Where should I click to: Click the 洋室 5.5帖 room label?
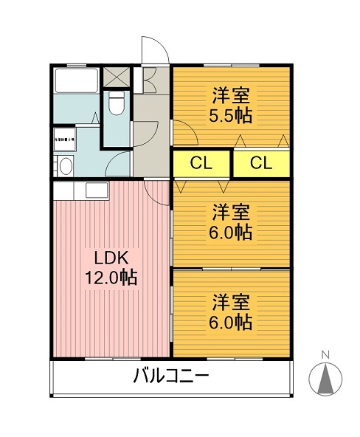232,106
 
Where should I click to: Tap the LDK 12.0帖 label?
111,268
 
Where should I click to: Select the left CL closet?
201,163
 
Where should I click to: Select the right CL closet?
260,163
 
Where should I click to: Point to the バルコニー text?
171,376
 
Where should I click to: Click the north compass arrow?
325,379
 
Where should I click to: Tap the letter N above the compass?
325,355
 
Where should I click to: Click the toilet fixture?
116,103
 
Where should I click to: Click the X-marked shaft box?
117,76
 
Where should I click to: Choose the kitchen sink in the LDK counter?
97,190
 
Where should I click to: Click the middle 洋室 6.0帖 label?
232,222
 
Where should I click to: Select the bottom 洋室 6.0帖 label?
232,312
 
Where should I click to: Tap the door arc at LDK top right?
158,193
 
